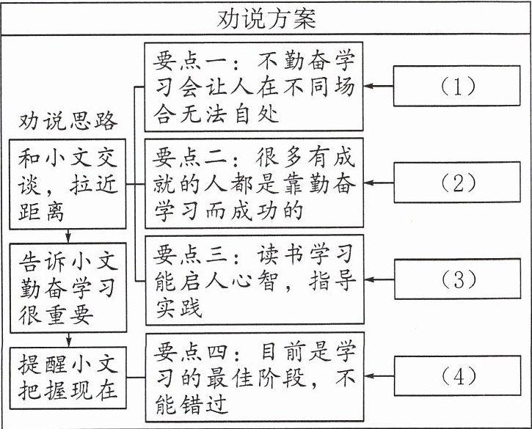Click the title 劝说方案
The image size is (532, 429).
[x=266, y=18]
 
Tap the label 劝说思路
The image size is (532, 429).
[x=68, y=121]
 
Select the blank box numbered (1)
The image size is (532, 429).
[x=456, y=86]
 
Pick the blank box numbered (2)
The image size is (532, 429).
[x=457, y=182]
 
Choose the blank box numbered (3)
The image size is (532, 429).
[x=457, y=279]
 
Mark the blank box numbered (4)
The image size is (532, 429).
[x=457, y=375]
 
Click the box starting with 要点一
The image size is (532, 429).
[x=254, y=87]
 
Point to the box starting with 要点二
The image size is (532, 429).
[x=254, y=183]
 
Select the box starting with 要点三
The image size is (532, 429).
[x=255, y=280]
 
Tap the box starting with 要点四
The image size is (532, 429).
[x=255, y=377]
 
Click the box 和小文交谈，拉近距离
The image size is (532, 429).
[x=68, y=184]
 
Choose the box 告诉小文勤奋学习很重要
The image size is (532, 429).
[x=68, y=287]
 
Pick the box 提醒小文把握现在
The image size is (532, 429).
[x=68, y=378]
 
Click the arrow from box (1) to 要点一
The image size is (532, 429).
[x=379, y=86]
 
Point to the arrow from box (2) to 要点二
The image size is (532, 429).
[x=379, y=183]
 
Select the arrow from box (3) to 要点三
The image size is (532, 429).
[x=379, y=280]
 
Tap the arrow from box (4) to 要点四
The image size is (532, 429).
[x=379, y=376]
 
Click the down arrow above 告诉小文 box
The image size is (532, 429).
[x=68, y=236]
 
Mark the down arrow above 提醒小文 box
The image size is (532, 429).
[x=68, y=340]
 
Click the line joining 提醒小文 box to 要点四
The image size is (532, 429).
[x=136, y=377]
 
